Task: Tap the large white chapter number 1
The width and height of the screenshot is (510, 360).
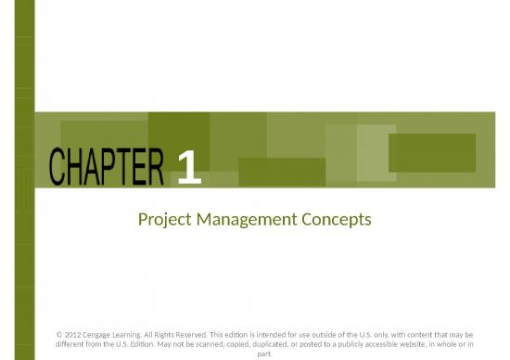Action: [187, 169]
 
